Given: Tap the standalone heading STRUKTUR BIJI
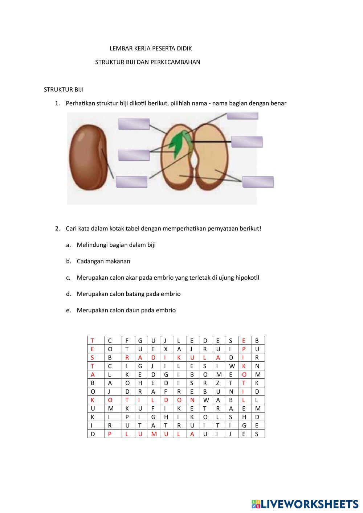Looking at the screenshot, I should (64, 90).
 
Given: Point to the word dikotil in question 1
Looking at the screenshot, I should (137, 103).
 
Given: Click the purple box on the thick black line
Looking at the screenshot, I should (246, 141).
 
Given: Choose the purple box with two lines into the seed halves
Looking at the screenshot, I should (258, 182).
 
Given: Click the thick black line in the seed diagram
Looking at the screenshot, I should (211, 141).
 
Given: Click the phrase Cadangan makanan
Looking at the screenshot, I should (103, 261).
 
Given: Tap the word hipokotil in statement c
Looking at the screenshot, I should (247, 278).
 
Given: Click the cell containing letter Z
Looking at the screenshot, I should (218, 383).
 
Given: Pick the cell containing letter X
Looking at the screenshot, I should (166, 349).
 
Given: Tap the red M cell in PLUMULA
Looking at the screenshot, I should (153, 434).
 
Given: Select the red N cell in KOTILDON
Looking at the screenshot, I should (192, 400).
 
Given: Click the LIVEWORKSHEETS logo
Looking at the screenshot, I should (305, 504).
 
